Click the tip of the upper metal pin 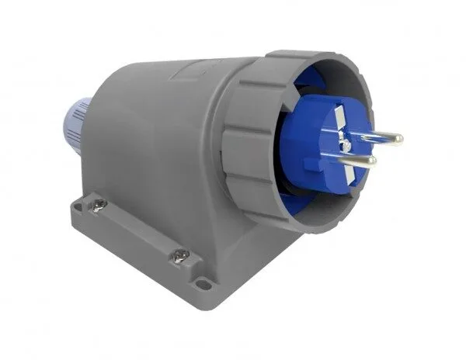pyautogui.click(x=398, y=140)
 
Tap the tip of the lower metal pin pyautogui.click(x=372, y=161)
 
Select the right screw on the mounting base pyautogui.click(x=179, y=254)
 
